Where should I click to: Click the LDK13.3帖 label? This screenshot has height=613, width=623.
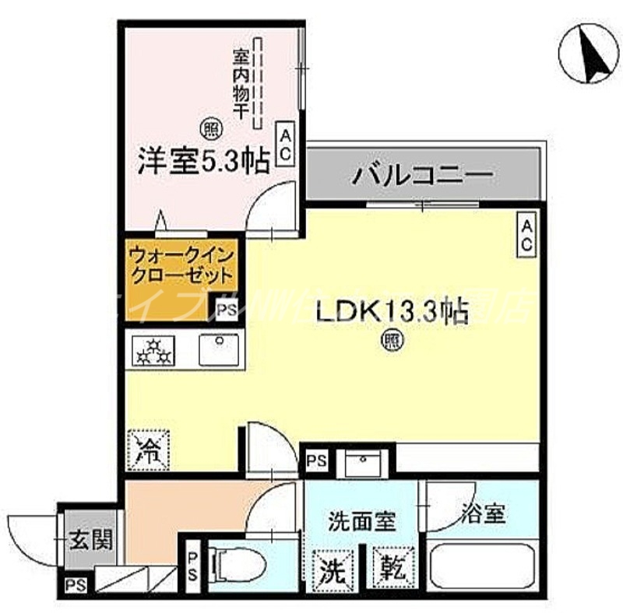(x=391, y=313)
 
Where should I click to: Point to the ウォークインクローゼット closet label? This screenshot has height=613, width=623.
(x=181, y=264)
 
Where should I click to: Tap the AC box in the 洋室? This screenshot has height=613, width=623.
(x=284, y=145)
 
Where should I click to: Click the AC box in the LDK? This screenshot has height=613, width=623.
(x=527, y=235)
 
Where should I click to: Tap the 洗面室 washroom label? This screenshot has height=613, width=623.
(x=361, y=518)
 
